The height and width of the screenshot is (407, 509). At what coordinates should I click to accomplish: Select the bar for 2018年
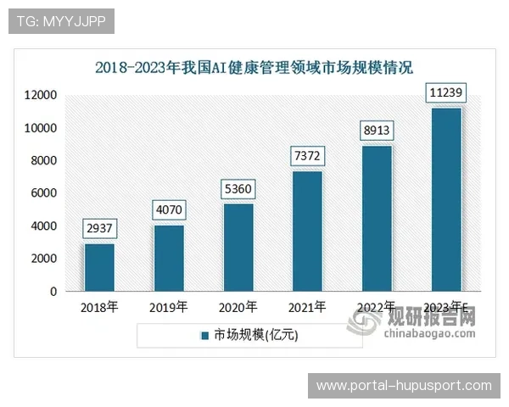pyautogui.click(x=99, y=267)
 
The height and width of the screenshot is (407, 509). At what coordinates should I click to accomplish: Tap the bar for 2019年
pyautogui.click(x=169, y=258)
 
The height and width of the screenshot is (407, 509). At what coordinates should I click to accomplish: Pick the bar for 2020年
pyautogui.click(x=238, y=247)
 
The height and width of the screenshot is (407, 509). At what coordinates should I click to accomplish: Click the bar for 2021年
pyautogui.click(x=308, y=231)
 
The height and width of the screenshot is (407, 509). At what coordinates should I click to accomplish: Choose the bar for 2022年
pyautogui.click(x=378, y=218)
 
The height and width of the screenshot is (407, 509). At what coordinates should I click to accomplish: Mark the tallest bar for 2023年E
pyautogui.click(x=447, y=199)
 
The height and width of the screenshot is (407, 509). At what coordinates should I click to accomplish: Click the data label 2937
pyautogui.click(x=99, y=228)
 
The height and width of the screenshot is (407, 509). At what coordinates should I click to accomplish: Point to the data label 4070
pyautogui.click(x=169, y=209)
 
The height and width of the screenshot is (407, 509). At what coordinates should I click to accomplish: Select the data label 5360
pyautogui.click(x=238, y=188)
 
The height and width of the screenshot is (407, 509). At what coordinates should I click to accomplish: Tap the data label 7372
pyautogui.click(x=308, y=156)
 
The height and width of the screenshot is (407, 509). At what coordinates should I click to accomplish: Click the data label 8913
pyautogui.click(x=378, y=131)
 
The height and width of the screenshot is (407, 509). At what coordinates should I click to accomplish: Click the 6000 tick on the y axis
pyautogui.click(x=42, y=193)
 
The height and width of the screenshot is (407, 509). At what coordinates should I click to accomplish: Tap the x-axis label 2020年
pyautogui.click(x=238, y=308)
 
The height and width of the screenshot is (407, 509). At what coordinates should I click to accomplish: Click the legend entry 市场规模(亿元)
pyautogui.click(x=255, y=335)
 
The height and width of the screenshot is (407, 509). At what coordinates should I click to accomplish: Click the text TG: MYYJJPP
pyautogui.click(x=60, y=21)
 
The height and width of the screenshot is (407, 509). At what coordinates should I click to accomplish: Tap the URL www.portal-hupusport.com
pyautogui.click(x=404, y=385)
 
